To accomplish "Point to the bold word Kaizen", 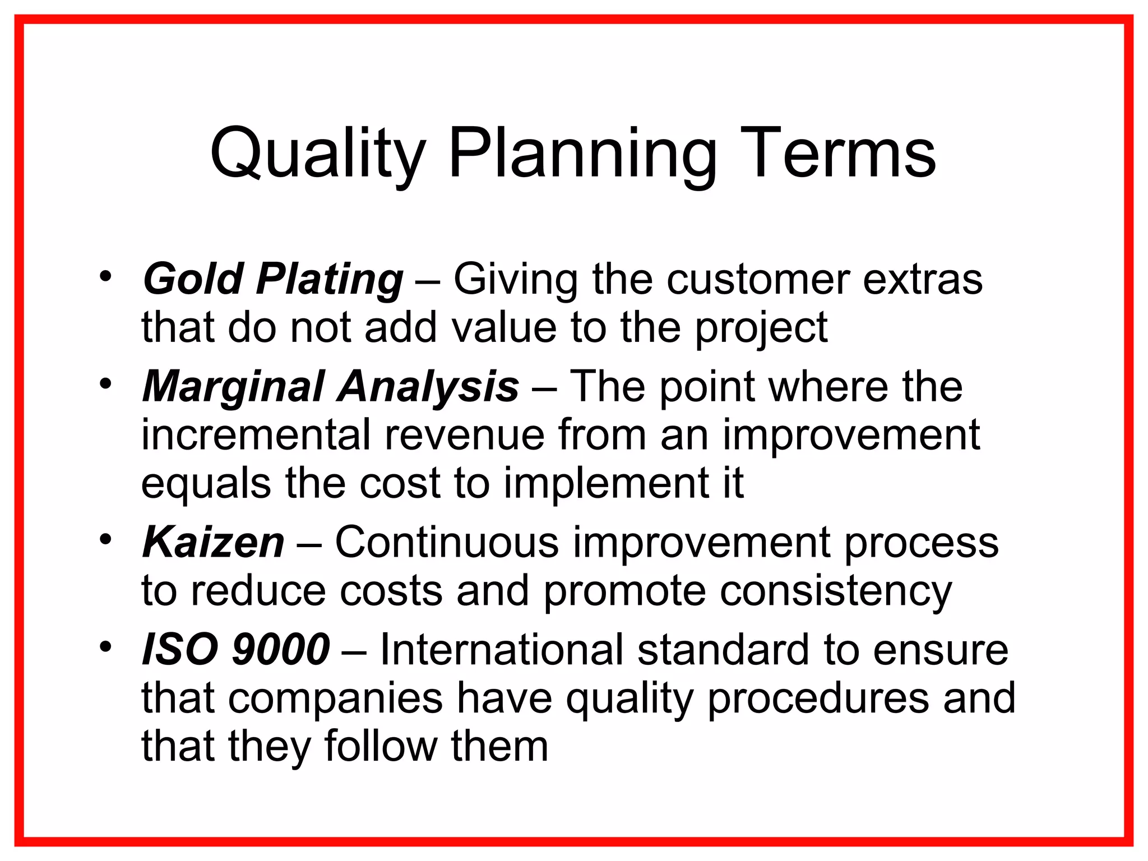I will tap(214, 543).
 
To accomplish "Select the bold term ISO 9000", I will tap(236, 650).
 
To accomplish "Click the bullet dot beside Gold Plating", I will tap(105, 276).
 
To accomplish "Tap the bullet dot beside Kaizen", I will tap(105, 539).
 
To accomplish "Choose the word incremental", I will tap(256, 436).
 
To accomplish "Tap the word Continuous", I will tap(447, 543).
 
